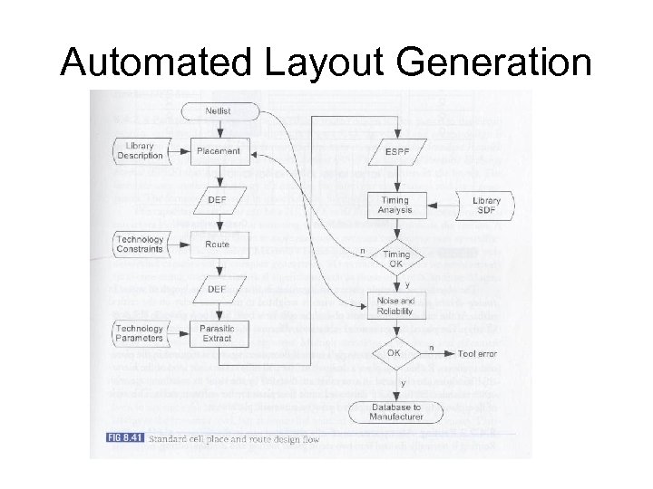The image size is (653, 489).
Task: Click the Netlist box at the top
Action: pyautogui.click(x=218, y=111)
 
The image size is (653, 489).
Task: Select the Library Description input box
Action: pyautogui.click(x=141, y=150)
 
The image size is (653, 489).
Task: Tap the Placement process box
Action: pyautogui.click(x=218, y=151)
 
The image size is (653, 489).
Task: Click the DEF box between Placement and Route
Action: pyautogui.click(x=218, y=199)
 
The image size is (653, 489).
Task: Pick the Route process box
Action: pyautogui.click(x=218, y=244)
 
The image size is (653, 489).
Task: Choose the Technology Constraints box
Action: pyautogui.click(x=141, y=244)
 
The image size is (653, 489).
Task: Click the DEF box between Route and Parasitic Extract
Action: pyautogui.click(x=218, y=289)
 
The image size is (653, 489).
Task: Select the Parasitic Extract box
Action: pyautogui.click(x=218, y=333)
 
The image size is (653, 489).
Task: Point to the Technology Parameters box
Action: pyautogui.click(x=141, y=333)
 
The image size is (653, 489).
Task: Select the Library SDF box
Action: pyautogui.click(x=486, y=205)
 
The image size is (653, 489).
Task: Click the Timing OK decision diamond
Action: pyautogui.click(x=395, y=259)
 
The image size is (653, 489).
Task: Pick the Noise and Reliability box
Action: pyautogui.click(x=395, y=306)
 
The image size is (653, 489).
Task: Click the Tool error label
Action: pyautogui.click(x=477, y=353)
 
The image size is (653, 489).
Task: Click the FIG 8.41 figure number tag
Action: pyautogui.click(x=118, y=439)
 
